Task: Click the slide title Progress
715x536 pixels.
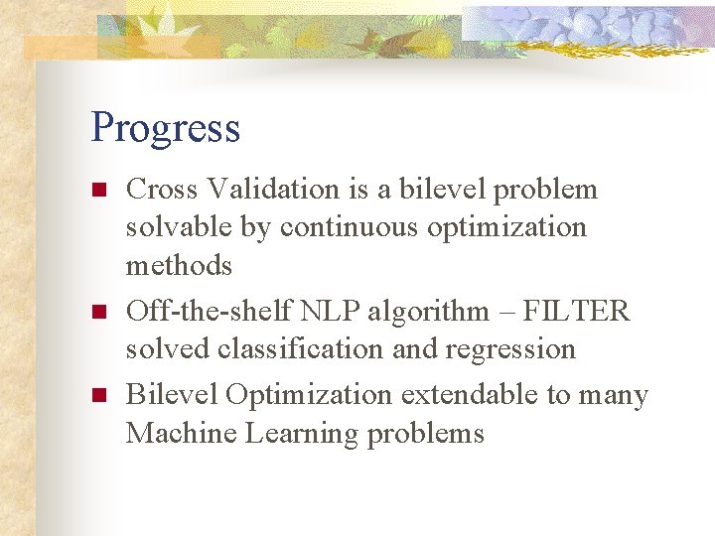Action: click(165, 129)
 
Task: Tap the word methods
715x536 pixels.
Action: click(179, 265)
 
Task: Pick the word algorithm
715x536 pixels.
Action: click(409, 313)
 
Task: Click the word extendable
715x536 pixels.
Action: click(471, 395)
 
